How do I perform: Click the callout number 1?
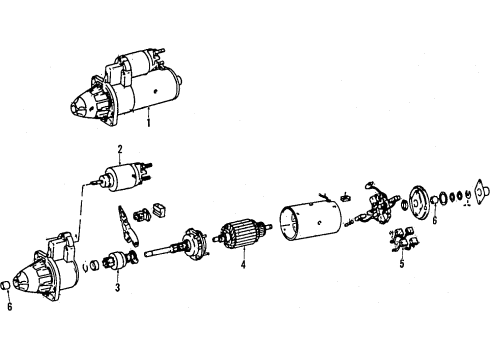point(148,123)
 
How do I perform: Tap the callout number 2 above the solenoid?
point(120,149)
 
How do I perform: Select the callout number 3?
point(117,287)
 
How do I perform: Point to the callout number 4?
point(243,265)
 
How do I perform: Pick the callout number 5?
point(402,263)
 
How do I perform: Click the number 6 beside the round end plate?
point(435,220)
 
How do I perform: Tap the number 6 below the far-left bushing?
point(9,306)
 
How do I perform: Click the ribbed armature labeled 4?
point(243,233)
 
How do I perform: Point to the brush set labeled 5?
point(404,239)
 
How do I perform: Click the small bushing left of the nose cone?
point(6,286)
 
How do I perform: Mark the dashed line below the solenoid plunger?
point(80,211)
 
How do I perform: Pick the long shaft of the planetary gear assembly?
point(163,251)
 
